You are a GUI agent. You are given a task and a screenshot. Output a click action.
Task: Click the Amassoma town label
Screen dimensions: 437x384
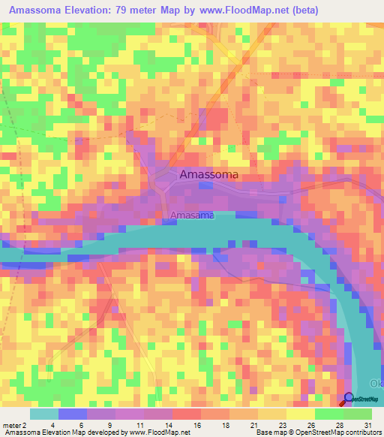209,174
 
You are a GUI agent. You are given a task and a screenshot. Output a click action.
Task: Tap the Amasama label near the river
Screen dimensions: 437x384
191,215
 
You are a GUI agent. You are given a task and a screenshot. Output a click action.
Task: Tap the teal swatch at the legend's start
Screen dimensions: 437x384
43,414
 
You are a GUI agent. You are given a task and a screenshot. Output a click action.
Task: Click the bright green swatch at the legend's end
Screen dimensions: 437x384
358,414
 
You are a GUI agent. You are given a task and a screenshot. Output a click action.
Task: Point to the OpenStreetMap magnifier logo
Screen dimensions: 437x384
349,398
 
